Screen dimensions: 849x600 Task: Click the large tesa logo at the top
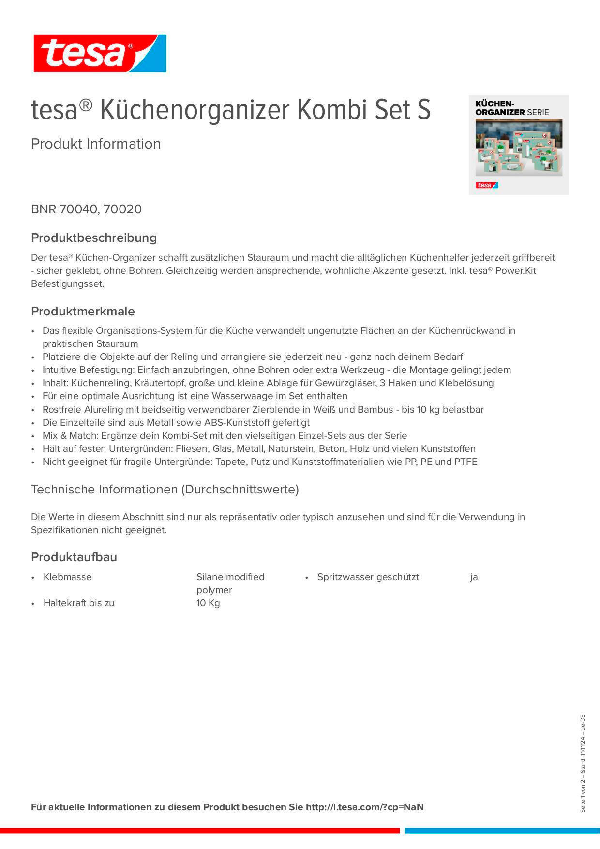pos(100,53)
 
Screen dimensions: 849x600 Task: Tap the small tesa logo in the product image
pos(486,185)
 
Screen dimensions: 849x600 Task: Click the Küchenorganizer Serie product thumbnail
pos(519,145)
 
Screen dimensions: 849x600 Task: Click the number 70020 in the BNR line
pos(122,209)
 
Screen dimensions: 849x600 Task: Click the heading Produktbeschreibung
pos(94,238)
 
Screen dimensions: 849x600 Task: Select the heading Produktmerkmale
pos(83,312)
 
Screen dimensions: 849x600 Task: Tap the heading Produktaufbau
pos(74,557)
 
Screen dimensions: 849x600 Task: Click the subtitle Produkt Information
pos(96,144)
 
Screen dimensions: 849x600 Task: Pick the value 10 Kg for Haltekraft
pos(208,603)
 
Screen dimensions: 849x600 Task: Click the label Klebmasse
pos(67,577)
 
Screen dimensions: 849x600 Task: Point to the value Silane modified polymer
pos(230,583)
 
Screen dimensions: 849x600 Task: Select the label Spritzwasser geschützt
pos(368,577)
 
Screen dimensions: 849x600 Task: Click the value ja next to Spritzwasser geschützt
pos(474,577)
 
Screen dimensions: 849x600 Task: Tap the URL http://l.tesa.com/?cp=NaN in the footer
pos(364,807)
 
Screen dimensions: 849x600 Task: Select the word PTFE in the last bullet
pos(465,462)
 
